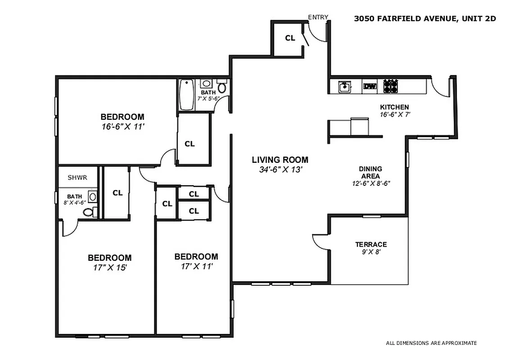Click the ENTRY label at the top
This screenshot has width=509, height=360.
pos(318,18)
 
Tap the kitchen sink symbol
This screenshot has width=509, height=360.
pos(345,86)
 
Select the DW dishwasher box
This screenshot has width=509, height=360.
pos(370,86)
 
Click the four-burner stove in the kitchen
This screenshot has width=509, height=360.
pos(391,86)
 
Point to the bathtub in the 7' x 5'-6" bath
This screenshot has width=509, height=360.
pos(186,94)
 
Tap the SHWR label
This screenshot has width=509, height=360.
pos(77,177)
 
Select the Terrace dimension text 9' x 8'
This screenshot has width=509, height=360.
pos(370,252)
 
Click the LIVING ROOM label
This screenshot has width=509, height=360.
pos(280,160)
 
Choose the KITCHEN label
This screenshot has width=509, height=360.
pos(394,107)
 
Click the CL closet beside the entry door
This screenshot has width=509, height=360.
pos(290,38)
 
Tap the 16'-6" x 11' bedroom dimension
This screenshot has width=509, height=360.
pos(122,127)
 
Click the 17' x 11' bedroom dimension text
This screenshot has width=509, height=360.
pos(196,266)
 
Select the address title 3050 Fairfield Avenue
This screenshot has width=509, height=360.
pos(425,19)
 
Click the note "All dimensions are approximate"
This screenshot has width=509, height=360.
pos(431,343)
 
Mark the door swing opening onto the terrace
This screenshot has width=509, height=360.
pos(320,241)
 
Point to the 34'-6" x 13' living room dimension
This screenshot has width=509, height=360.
pos(279,170)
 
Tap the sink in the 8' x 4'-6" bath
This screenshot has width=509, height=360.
pos(92,197)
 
